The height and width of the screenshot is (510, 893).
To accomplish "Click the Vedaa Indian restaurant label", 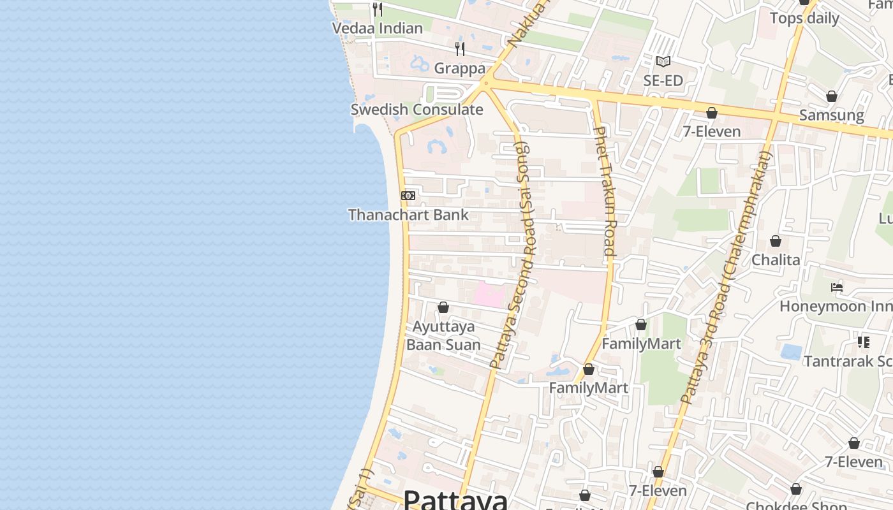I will [378, 28].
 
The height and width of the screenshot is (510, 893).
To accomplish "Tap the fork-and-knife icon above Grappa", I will [459, 49].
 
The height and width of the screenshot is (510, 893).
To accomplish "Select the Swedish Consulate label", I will [417, 110].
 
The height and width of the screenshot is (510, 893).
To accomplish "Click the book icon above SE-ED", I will [663, 62].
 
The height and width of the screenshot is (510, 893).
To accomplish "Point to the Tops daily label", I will [804, 18].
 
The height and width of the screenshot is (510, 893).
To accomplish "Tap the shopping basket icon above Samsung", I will [832, 96].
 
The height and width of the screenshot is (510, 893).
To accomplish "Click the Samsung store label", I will [832, 115].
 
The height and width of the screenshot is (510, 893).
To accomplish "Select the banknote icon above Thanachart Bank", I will [408, 196].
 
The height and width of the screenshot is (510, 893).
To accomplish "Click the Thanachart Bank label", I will [408, 215].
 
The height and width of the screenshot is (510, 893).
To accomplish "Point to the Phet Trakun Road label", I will [603, 191].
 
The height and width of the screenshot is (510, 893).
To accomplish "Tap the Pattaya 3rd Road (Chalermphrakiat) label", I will [727, 277].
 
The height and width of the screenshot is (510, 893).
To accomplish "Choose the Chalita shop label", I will [776, 260].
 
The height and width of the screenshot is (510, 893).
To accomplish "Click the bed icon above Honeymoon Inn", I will [837, 288].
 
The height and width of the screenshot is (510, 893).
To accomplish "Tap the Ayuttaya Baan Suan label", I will [444, 336].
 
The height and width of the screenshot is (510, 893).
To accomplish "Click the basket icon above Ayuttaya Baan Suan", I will [443, 308].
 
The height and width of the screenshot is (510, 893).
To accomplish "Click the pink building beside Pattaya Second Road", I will [489, 295].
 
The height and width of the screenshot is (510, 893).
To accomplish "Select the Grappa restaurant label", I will [460, 69].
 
